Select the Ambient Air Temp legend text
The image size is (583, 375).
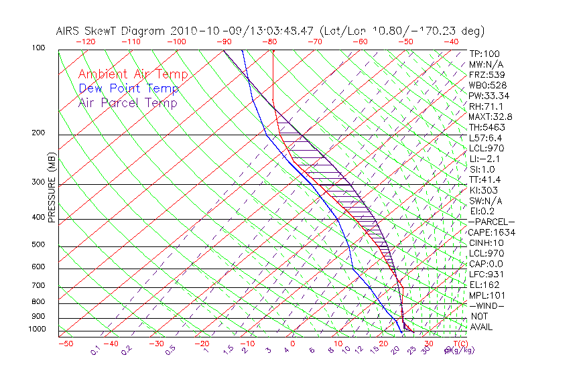click(x=133, y=74)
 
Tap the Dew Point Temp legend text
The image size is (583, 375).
click(x=128, y=89)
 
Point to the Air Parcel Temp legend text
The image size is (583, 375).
click(x=127, y=103)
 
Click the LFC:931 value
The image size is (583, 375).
click(x=485, y=275)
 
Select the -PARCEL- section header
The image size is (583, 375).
click(x=491, y=222)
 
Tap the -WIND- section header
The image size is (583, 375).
click(x=487, y=305)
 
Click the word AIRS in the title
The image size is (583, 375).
click(x=69, y=31)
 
